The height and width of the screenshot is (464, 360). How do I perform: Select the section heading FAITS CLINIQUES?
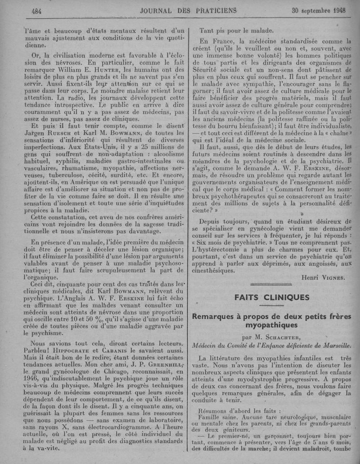[x=272, y=297]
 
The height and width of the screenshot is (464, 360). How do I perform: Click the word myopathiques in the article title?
[x=272, y=324]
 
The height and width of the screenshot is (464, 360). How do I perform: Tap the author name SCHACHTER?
[x=288, y=337]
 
